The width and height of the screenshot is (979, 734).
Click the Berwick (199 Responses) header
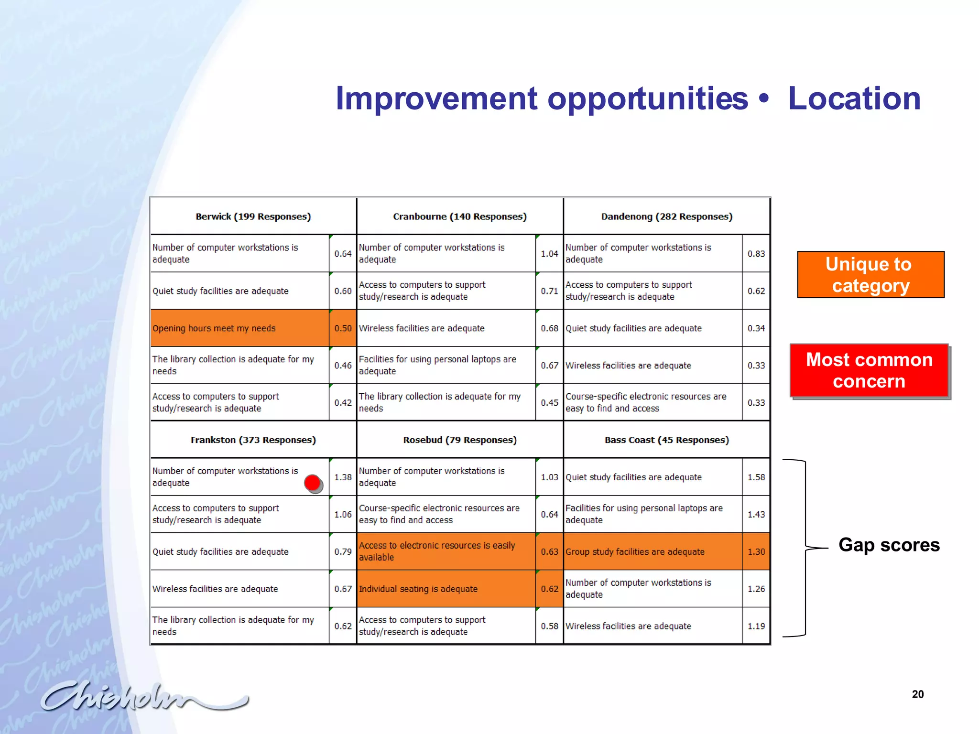(x=253, y=216)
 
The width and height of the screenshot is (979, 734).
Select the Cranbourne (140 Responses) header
(x=459, y=216)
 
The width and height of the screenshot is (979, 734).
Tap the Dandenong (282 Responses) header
(x=666, y=216)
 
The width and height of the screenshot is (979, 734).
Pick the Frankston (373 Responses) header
(x=253, y=440)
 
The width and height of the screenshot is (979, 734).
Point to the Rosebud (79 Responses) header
(x=459, y=440)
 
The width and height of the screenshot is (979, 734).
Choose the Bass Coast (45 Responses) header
(x=666, y=440)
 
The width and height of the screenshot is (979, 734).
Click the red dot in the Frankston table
(x=313, y=483)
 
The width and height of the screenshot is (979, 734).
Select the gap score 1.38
(x=343, y=477)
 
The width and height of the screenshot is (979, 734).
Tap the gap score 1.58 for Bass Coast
(x=756, y=477)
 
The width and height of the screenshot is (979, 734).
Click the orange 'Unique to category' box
(x=870, y=275)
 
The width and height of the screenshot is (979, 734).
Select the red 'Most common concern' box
(x=869, y=370)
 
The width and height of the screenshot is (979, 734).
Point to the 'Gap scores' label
(x=889, y=545)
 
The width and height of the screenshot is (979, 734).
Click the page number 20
(x=917, y=694)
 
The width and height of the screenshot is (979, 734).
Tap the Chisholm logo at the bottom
(x=143, y=696)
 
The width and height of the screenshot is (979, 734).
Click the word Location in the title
(x=854, y=98)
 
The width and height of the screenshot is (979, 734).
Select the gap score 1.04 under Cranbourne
(x=549, y=254)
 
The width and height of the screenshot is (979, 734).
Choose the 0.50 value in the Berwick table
(x=343, y=328)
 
